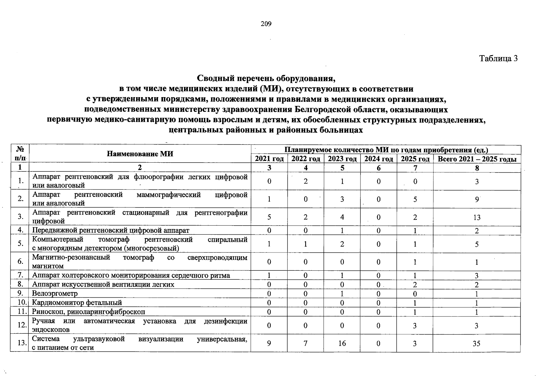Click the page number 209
pyautogui.click(x=266, y=24)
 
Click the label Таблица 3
pyautogui.click(x=498, y=58)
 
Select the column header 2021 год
pyautogui.click(x=269, y=159)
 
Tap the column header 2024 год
pyautogui.click(x=379, y=159)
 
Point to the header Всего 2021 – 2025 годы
pyautogui.click(x=477, y=159)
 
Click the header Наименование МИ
pyautogui.click(x=140, y=154)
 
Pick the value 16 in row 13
pyautogui.click(x=342, y=343)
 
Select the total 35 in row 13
pyautogui.click(x=476, y=343)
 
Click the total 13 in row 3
pyautogui.click(x=477, y=217)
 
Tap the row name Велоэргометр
pyautogui.click(x=55, y=294)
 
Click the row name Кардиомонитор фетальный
pyautogui.click(x=77, y=303)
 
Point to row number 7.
pyautogui.click(x=20, y=275)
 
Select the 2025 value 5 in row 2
pyautogui.click(x=415, y=199)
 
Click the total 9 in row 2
pyautogui.click(x=477, y=199)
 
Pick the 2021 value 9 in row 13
pyautogui.click(x=269, y=343)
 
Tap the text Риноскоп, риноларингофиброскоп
pyautogui.click(x=89, y=312)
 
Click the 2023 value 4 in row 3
pyautogui.click(x=342, y=217)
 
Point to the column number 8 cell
pyautogui.click(x=477, y=168)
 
